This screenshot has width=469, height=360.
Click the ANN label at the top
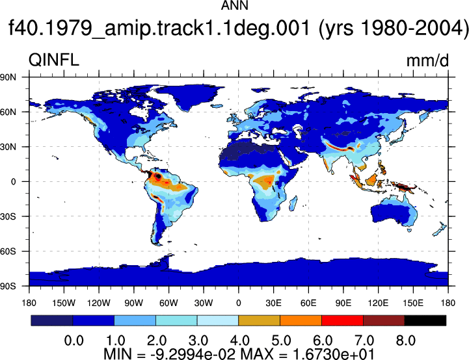[234, 5]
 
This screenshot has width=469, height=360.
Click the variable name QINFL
[54, 60]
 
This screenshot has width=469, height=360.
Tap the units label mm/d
[427, 60]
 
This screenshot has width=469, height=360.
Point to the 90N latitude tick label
[8, 77]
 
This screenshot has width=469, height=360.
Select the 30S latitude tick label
[8, 216]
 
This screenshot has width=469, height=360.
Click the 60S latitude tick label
[8, 251]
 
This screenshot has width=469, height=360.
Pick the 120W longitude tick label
[99, 303]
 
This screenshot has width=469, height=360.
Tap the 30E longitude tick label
[273, 303]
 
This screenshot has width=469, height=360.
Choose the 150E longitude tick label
[413, 303]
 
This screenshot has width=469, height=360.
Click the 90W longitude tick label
[134, 303]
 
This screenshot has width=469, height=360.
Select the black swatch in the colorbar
[425, 320]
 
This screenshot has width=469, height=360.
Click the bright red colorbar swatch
[342, 320]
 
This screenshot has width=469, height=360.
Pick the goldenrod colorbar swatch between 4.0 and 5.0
[260, 320]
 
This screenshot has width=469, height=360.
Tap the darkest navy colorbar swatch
[52, 320]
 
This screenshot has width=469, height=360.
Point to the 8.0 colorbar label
[406, 341]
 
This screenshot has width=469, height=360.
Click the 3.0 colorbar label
[198, 341]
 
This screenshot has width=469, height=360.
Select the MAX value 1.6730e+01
[333, 354]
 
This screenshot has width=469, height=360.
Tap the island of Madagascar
[293, 203]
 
